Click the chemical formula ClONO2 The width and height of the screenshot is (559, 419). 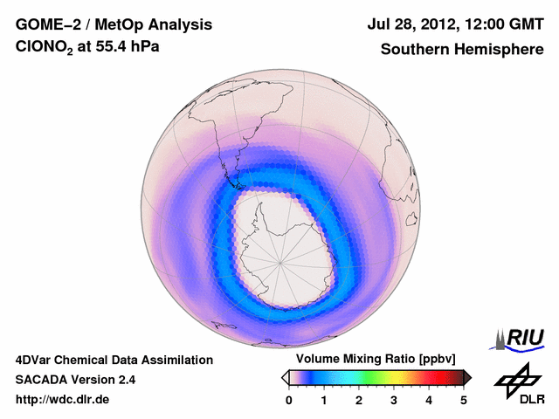44,50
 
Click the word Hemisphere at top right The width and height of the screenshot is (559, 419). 501,50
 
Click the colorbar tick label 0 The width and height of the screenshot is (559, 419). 289,400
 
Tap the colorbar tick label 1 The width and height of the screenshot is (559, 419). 324,400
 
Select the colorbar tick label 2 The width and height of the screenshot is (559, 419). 359,400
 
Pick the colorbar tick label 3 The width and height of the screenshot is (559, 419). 394,400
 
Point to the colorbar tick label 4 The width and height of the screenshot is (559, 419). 429,400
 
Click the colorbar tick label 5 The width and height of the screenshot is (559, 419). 464,400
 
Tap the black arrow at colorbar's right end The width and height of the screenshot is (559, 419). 467,377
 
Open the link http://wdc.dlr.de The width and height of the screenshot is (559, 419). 63,400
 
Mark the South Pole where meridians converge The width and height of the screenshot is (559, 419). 281,261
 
